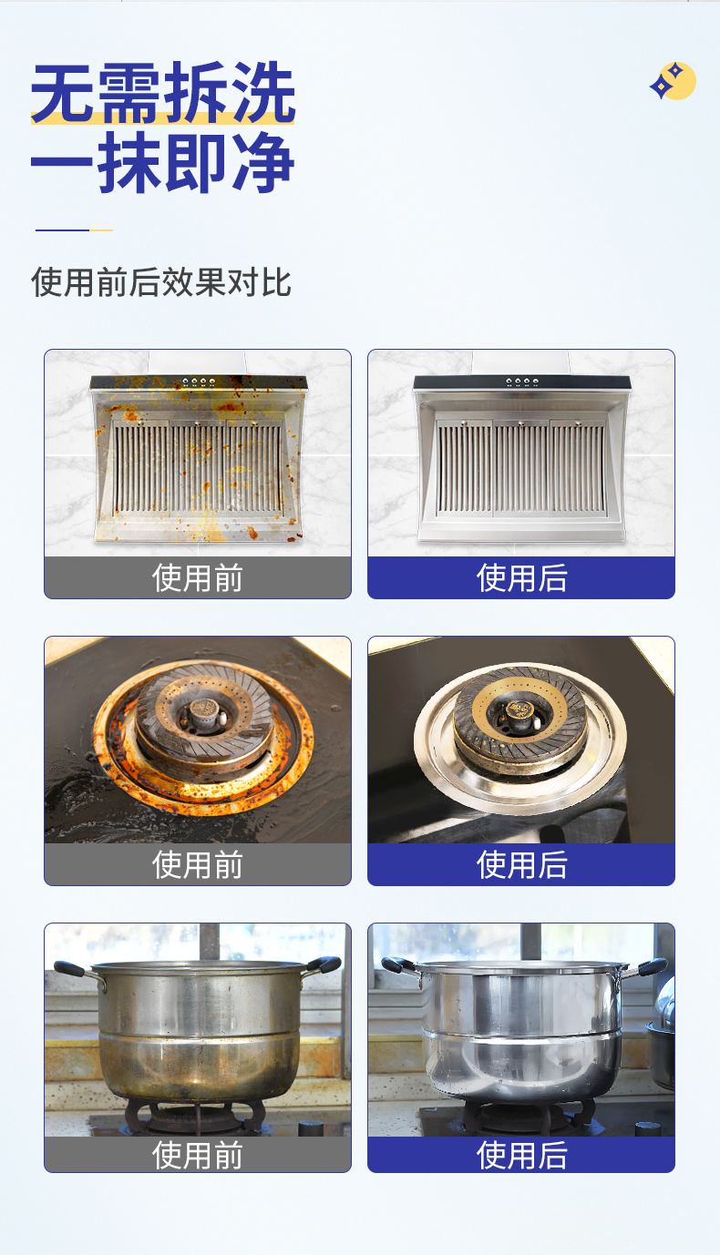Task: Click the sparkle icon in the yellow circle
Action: click(673, 82)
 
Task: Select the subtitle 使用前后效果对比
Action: click(161, 282)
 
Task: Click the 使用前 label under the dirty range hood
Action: click(198, 578)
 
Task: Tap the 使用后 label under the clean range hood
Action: click(521, 578)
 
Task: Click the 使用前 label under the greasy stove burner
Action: click(198, 864)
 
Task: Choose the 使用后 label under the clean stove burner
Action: click(521, 864)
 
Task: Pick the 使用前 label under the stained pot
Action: click(198, 1155)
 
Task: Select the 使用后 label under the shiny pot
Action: click(521, 1155)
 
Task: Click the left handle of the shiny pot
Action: click(398, 965)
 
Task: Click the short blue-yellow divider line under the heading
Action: click(74, 230)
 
